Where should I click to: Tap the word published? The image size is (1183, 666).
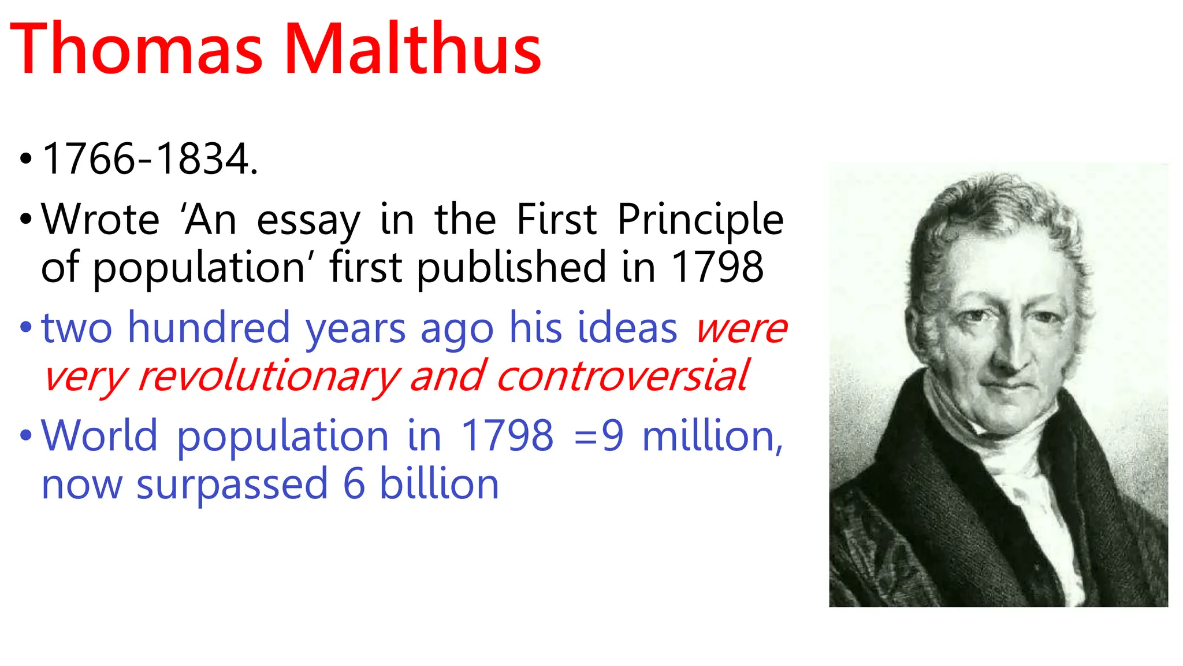click(511, 269)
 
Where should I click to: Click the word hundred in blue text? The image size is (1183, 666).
click(209, 328)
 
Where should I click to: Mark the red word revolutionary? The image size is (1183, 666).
click(269, 377)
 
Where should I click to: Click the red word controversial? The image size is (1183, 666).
click(622, 376)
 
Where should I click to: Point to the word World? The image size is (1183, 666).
click(99, 435)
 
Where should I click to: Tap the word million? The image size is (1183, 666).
click(712, 436)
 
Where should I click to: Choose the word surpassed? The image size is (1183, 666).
click(232, 484)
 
